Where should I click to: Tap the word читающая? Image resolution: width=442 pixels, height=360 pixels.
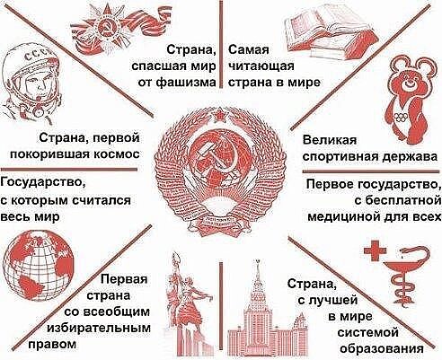[261, 66]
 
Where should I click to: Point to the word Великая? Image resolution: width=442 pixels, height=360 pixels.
[330, 140]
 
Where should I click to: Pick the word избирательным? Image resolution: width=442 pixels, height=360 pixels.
[99, 329]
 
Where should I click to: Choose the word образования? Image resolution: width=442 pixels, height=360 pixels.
[382, 349]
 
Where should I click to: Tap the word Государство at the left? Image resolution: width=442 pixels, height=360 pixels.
[42, 182]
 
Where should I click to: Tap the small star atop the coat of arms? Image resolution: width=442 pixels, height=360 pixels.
[219, 116]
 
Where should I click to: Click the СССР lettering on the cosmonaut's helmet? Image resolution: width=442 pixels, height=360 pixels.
[39, 56]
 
